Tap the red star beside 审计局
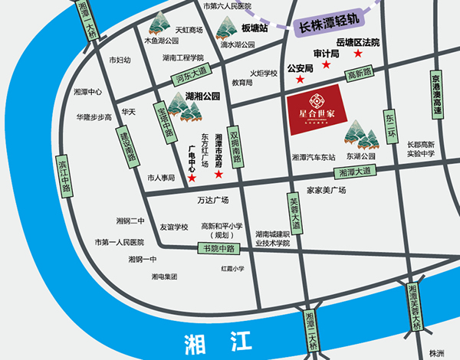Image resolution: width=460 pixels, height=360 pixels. coord(327,65)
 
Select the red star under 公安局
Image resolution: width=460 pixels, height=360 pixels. coord(289,80)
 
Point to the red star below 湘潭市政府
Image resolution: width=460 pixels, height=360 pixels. coord(219,175)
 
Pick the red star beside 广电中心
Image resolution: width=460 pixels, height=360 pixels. coord(192,178)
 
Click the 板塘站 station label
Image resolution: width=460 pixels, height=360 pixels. coord(253,28)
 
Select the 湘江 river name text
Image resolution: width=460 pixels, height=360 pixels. coord(206,339)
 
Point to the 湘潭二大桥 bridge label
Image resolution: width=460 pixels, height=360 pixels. coord(310,330)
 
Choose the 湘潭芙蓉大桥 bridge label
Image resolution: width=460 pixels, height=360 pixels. coord(415,307)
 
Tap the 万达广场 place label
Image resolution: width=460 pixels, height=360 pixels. coord(213,201)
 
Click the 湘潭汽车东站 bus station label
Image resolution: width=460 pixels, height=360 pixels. coord(314,157)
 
